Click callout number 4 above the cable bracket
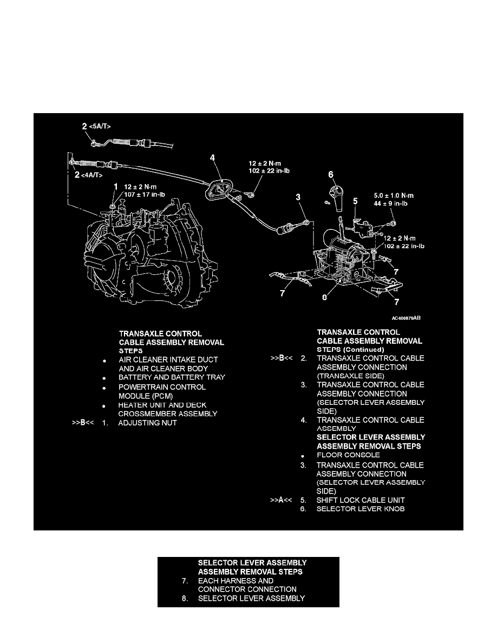(x=212, y=158)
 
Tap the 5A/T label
(x=100, y=126)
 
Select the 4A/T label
(x=92, y=175)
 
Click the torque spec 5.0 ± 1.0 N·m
(x=394, y=195)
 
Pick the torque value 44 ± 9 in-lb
(x=391, y=204)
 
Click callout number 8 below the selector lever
(x=324, y=297)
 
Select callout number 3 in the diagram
(x=298, y=197)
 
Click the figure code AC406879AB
(x=406, y=318)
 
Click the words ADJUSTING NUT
(x=148, y=423)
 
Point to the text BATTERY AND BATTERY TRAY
(x=172, y=377)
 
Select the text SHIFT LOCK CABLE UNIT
(x=361, y=500)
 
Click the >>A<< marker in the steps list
(x=281, y=500)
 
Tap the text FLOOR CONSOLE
(x=348, y=455)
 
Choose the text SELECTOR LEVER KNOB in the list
(x=361, y=509)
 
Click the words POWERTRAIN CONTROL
(x=162, y=387)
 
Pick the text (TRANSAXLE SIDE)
(x=351, y=376)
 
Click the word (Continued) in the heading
(x=363, y=350)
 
